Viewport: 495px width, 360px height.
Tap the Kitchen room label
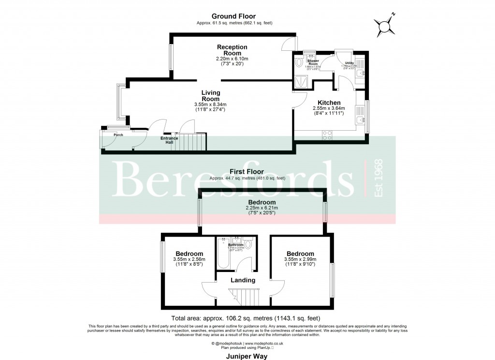click(x=326, y=103)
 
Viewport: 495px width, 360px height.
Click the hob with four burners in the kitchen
click(x=327, y=135)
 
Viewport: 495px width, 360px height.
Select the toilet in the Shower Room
click(x=298, y=63)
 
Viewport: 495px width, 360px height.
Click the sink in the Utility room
click(x=361, y=74)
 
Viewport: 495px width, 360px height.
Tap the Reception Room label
click(x=232, y=50)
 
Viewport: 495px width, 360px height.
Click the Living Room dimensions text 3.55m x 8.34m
click(x=210, y=105)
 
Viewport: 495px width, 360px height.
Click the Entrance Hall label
click(x=169, y=140)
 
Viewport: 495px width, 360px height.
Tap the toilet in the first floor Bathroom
click(x=248, y=244)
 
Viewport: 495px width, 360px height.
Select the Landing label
click(x=243, y=280)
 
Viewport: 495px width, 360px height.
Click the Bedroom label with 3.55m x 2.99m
click(x=300, y=254)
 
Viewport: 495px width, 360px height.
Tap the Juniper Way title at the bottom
click(x=247, y=355)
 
